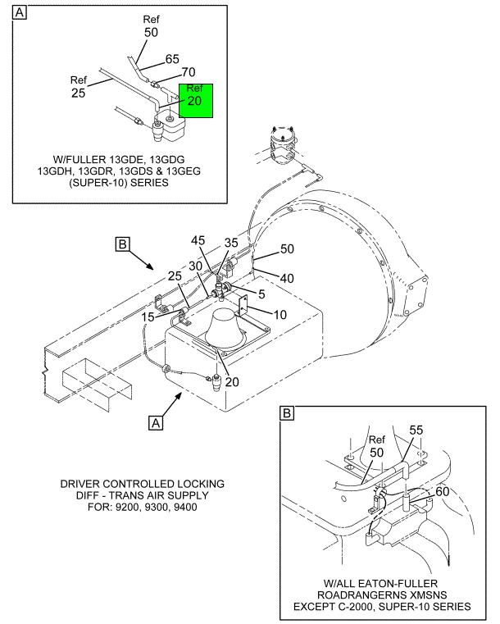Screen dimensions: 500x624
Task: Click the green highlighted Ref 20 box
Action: tap(196, 101)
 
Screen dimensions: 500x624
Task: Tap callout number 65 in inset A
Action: tap(172, 59)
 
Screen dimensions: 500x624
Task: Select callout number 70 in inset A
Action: tap(189, 72)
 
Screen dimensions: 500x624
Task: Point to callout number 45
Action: tap(198, 240)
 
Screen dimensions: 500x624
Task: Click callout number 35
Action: tap(231, 243)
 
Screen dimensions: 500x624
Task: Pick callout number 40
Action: tap(287, 278)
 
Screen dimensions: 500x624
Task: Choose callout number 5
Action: tap(261, 294)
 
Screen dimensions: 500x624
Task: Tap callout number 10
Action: tap(280, 315)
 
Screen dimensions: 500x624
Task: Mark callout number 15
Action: tap(148, 317)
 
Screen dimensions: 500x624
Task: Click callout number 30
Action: tap(195, 266)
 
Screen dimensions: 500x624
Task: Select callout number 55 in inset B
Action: tap(416, 430)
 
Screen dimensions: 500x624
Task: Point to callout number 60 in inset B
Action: tap(443, 491)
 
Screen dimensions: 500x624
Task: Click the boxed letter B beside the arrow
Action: tap(122, 244)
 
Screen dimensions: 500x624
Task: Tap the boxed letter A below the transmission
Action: tap(156, 422)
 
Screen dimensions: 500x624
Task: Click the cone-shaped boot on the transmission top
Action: tap(224, 328)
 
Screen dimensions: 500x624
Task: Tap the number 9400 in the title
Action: tap(186, 507)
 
